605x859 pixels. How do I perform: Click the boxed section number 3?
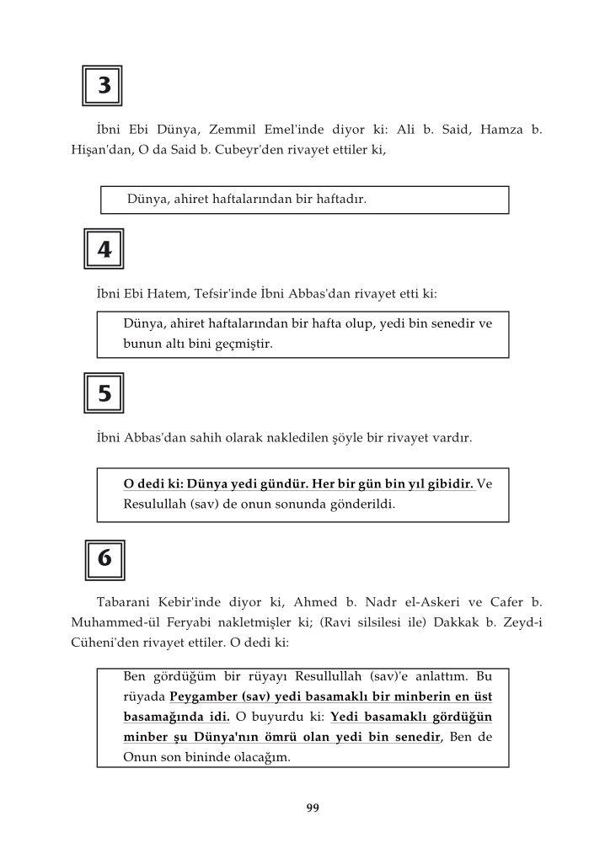103,86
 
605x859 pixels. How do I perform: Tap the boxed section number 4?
104,249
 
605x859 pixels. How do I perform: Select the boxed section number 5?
104,393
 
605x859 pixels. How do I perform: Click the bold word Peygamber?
205,696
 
